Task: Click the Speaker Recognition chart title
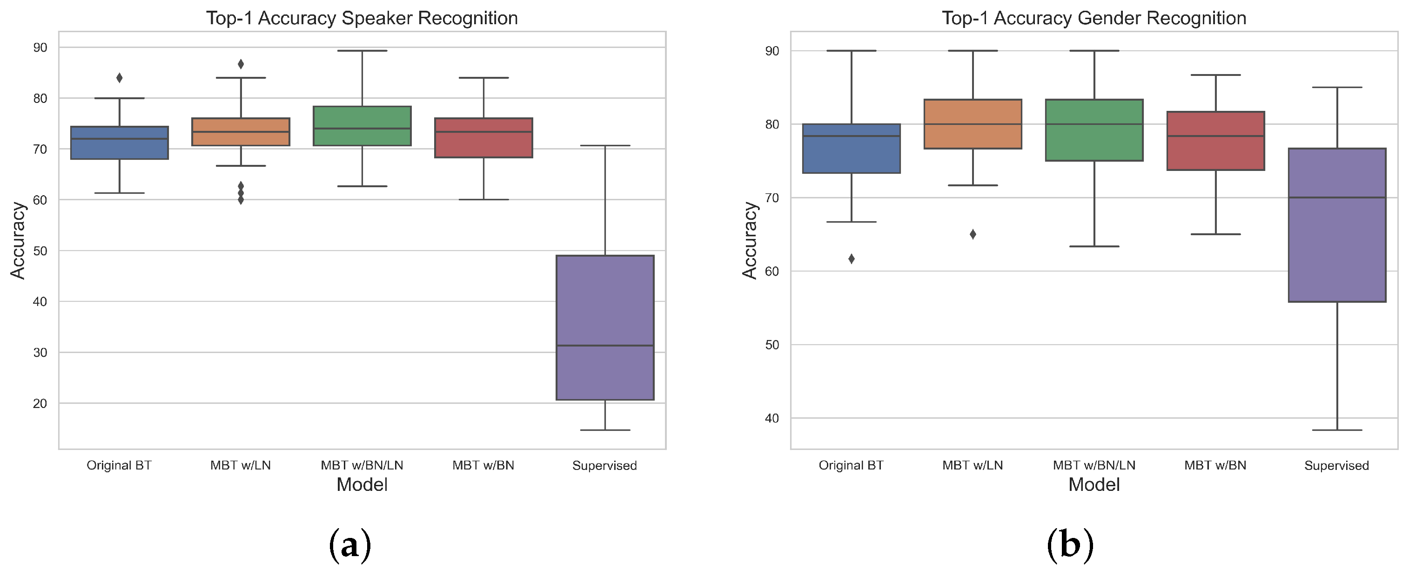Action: pos(362,18)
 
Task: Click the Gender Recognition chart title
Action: pos(1094,18)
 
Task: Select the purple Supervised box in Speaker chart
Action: pos(604,306)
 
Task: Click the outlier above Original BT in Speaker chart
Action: pos(119,78)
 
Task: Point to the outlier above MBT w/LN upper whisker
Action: pos(241,64)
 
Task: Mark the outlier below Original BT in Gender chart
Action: pos(851,259)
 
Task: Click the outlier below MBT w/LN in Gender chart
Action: pos(973,234)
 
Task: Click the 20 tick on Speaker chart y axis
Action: pos(40,403)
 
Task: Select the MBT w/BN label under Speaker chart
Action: pos(483,465)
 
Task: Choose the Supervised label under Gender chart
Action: pos(1336,465)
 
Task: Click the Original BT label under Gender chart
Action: pos(851,465)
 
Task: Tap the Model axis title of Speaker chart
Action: pos(362,484)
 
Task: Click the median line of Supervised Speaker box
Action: pos(604,346)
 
